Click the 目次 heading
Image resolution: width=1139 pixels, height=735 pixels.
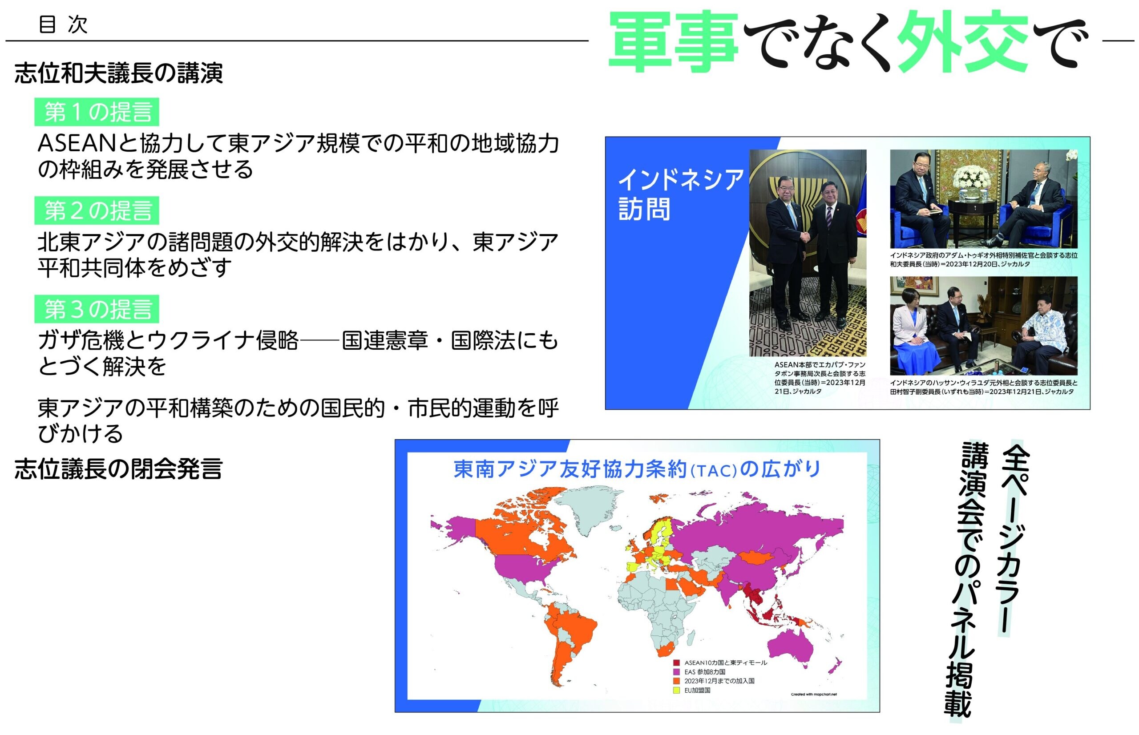click(63, 24)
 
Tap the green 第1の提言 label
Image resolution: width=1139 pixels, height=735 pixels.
click(97, 112)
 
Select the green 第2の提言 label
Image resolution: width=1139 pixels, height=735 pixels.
click(97, 210)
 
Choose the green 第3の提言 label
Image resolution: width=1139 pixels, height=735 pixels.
click(97, 309)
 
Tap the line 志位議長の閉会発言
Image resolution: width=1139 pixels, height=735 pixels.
click(118, 468)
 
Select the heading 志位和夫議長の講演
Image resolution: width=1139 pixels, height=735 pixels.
click(118, 73)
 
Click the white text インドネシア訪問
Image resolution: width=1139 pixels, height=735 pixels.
click(680, 194)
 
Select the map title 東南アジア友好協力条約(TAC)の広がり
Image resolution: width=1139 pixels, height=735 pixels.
click(638, 468)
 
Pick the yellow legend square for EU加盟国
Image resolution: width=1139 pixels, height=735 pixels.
click(676, 690)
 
